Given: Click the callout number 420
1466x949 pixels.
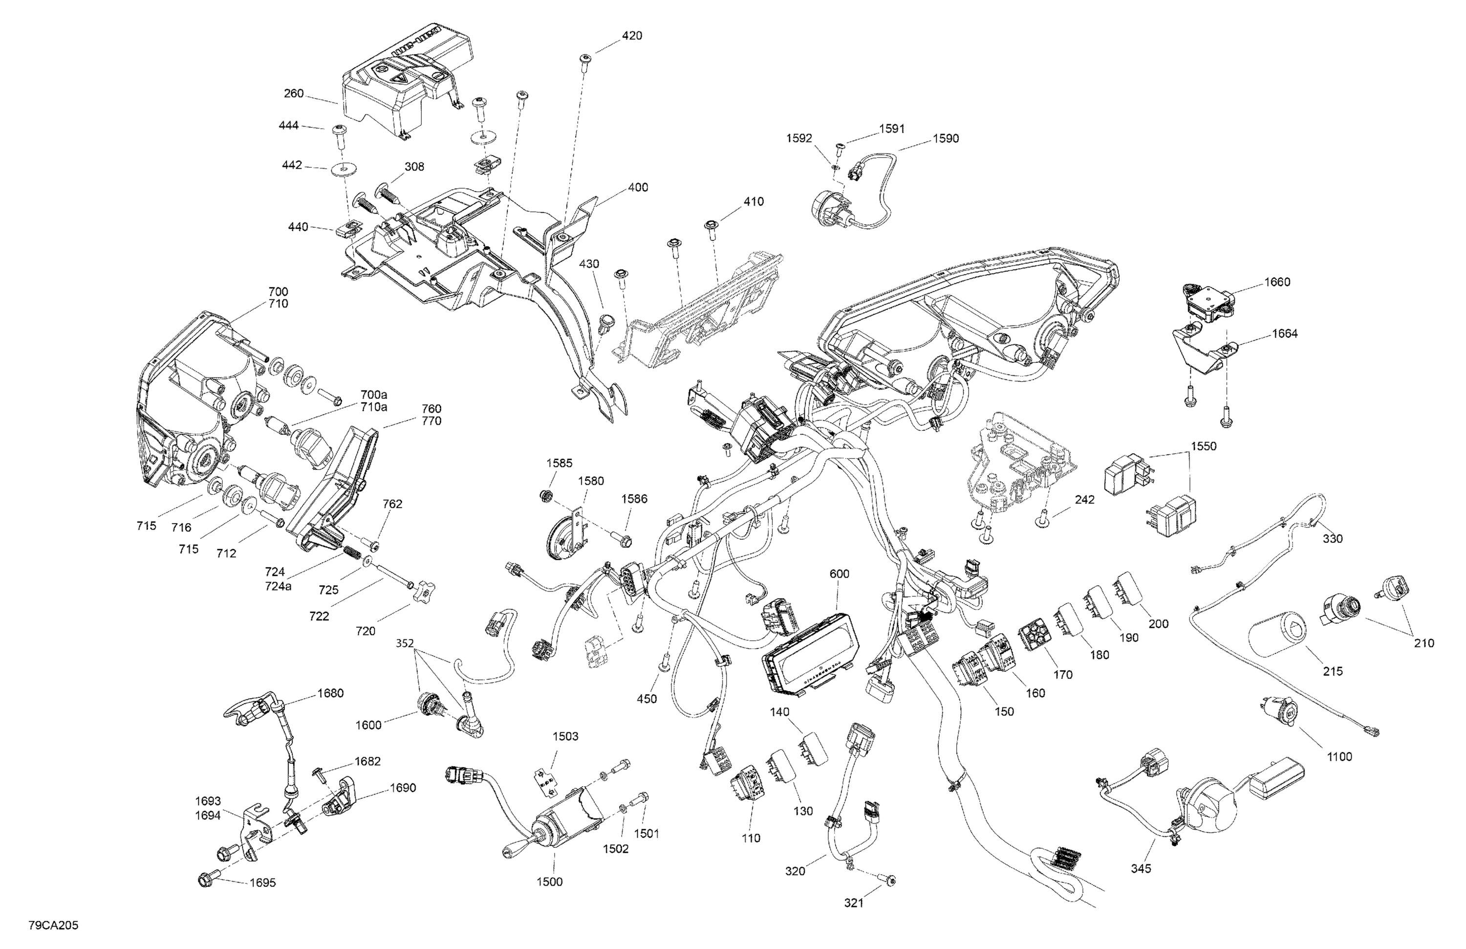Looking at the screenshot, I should [631, 36].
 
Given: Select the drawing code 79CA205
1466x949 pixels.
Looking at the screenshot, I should [53, 926].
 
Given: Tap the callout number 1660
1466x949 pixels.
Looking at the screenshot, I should [1277, 282].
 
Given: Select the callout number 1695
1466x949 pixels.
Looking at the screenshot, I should [262, 883].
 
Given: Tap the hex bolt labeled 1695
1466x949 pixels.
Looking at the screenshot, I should [205, 880].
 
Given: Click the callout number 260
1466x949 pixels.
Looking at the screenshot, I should [294, 94].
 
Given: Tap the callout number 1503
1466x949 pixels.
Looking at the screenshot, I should [565, 736].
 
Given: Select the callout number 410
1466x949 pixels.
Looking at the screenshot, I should [754, 201].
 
